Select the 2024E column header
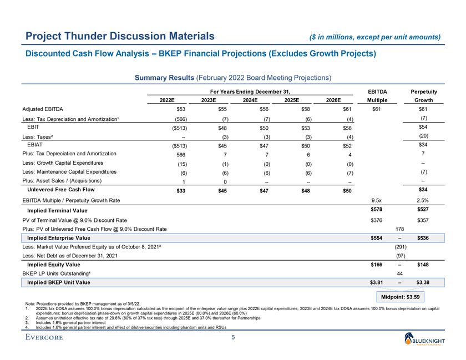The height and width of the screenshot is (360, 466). tap(252, 100)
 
